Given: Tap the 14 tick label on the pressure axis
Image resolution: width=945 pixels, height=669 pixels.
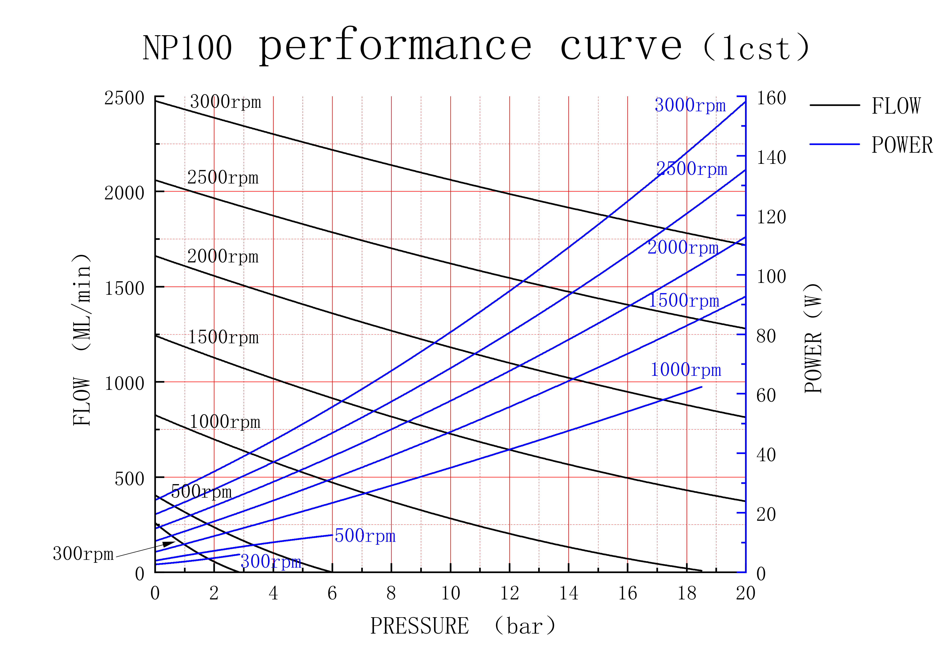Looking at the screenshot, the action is (x=569, y=594).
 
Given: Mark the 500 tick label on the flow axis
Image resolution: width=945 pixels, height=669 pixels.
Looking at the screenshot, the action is (x=129, y=479).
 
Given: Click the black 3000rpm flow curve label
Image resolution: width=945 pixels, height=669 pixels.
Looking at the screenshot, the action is (x=226, y=102).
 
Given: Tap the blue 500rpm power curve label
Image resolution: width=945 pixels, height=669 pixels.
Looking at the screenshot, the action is (x=365, y=536).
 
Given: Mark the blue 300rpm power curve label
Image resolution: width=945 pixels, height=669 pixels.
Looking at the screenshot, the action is (x=271, y=561).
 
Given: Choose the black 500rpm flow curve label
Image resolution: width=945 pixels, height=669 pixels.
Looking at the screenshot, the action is (x=201, y=492).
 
